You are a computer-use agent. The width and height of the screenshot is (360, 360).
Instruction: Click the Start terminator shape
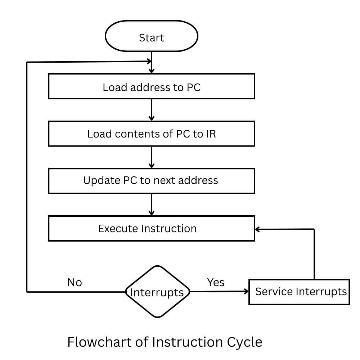pyautogui.click(x=151, y=37)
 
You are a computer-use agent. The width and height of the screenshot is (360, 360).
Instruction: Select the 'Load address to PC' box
pyautogui.click(x=151, y=86)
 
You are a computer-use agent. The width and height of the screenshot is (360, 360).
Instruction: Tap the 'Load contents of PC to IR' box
pyautogui.click(x=151, y=134)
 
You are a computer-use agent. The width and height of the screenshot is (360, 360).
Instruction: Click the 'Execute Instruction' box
pyautogui.click(x=151, y=228)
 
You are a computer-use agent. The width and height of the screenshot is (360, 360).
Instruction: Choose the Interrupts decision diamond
pyautogui.click(x=157, y=292)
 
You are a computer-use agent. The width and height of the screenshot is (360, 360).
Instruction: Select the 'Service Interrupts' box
pyautogui.click(x=299, y=292)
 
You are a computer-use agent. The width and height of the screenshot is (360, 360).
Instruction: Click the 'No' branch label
pyautogui.click(x=75, y=283)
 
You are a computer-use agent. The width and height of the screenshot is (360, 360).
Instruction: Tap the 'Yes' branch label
pyautogui.click(x=216, y=283)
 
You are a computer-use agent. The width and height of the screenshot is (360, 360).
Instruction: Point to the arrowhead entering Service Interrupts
pyautogui.click(x=246, y=292)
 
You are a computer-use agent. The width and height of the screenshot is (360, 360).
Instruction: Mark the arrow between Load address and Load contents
pyautogui.click(x=152, y=110)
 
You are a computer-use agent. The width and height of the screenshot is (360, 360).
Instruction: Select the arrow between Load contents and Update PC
pyautogui.click(x=152, y=157)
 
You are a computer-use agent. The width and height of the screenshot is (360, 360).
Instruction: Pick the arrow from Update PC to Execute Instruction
pyautogui.click(x=152, y=204)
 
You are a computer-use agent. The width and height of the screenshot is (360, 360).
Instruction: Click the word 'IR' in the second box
pyautogui.click(x=211, y=134)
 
